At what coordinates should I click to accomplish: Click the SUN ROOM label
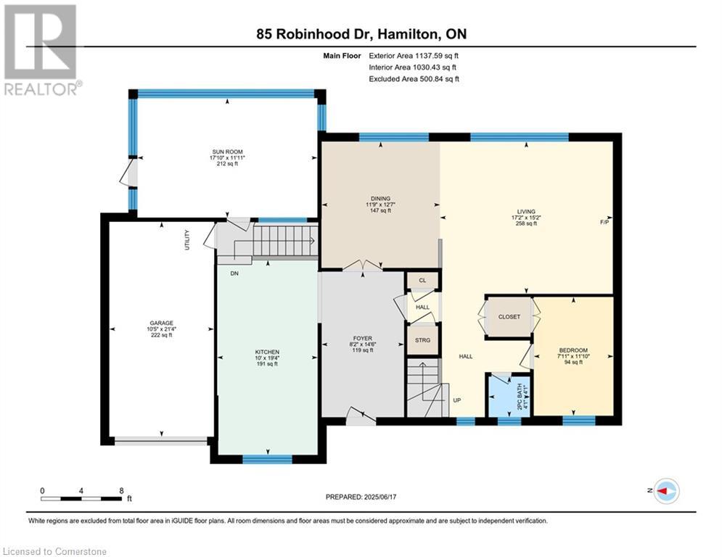pyautogui.click(x=227, y=152)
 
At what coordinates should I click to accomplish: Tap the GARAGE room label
pyautogui.click(x=161, y=323)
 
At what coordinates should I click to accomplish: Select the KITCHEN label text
pyautogui.click(x=267, y=352)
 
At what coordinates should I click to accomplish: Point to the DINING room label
pyautogui.click(x=380, y=199)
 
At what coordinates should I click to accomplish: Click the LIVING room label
pyautogui.click(x=526, y=212)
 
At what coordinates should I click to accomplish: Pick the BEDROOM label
pyautogui.click(x=573, y=350)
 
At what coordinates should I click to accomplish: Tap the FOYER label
pyautogui.click(x=363, y=339)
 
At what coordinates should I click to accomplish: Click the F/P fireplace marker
pyautogui.click(x=604, y=223)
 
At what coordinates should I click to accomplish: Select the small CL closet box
pyautogui.click(x=422, y=281)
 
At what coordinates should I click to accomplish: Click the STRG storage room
pyautogui.click(x=422, y=340)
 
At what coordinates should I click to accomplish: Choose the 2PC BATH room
pyautogui.click(x=509, y=395)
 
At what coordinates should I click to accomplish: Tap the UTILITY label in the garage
pyautogui.click(x=187, y=240)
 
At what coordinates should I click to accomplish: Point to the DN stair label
pyautogui.click(x=234, y=273)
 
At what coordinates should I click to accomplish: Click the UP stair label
pyautogui.click(x=456, y=400)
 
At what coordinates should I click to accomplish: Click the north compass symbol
pyautogui.click(x=666, y=491)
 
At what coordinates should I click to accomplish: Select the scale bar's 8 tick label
pyautogui.click(x=122, y=491)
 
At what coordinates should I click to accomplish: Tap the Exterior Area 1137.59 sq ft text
pyautogui.click(x=414, y=56)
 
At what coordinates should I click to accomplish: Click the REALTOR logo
pyautogui.click(x=43, y=50)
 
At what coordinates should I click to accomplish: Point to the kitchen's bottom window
pyautogui.click(x=268, y=459)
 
